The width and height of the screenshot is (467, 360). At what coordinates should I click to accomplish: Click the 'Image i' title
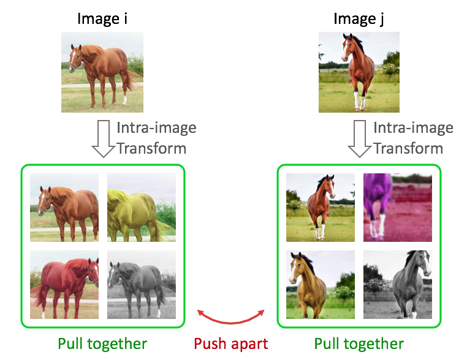102,18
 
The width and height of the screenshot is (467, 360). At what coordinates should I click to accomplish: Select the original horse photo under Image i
102,72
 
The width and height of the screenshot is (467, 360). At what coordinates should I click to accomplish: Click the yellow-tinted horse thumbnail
142,208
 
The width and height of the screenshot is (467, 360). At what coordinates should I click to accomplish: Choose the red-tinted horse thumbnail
64,285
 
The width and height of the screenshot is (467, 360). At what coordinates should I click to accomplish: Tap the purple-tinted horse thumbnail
397,208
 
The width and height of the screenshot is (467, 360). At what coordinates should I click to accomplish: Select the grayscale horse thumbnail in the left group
142,285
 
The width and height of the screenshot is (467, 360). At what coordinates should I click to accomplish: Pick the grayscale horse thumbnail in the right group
397,285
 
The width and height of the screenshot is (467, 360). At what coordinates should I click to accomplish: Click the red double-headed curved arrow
230,317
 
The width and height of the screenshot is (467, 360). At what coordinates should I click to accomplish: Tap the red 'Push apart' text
231,343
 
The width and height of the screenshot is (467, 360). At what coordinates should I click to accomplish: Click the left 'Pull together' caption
102,343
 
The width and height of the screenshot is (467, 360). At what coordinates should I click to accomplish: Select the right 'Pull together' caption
359,343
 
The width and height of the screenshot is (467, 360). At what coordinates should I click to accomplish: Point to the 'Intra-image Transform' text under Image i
156,138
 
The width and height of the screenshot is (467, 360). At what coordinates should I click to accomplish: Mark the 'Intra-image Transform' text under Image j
413,138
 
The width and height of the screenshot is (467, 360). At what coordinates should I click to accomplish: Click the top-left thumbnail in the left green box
64,208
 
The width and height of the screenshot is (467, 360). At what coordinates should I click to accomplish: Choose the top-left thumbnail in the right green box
320,208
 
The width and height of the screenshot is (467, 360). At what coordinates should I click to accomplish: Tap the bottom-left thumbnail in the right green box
320,285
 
